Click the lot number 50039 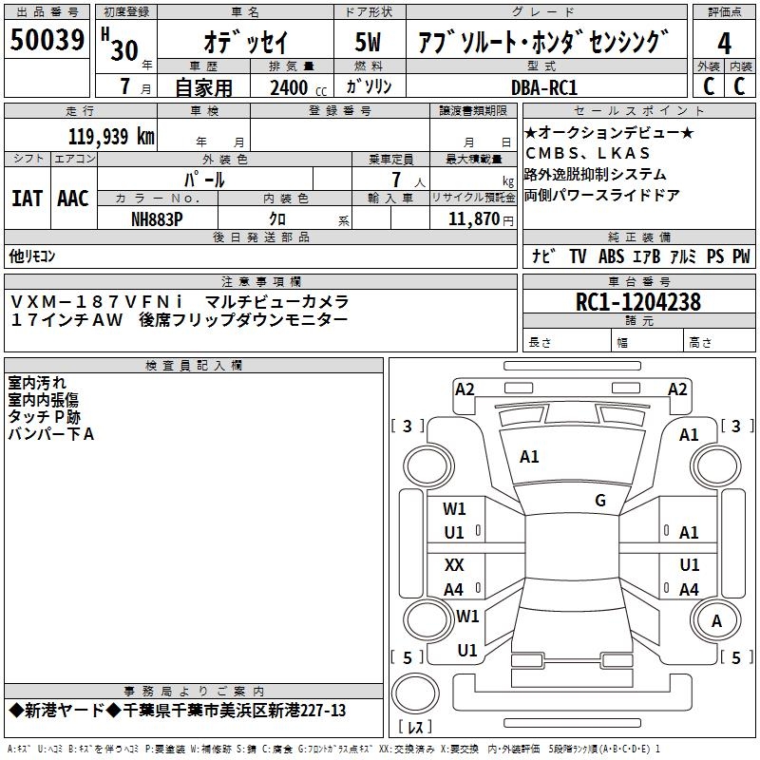(47, 40)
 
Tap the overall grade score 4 (724, 44)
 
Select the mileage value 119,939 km (111, 137)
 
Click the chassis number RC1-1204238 (638, 302)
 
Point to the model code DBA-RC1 (544, 87)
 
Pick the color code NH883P (157, 219)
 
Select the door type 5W (368, 42)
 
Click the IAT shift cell (28, 199)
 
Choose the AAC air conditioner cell (73, 199)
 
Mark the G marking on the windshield (600, 501)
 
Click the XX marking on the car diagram (454, 564)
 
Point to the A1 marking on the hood (529, 457)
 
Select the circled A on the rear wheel (716, 620)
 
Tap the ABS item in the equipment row (611, 256)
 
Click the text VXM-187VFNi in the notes (97, 302)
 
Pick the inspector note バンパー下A (51, 434)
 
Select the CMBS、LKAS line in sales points (587, 153)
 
